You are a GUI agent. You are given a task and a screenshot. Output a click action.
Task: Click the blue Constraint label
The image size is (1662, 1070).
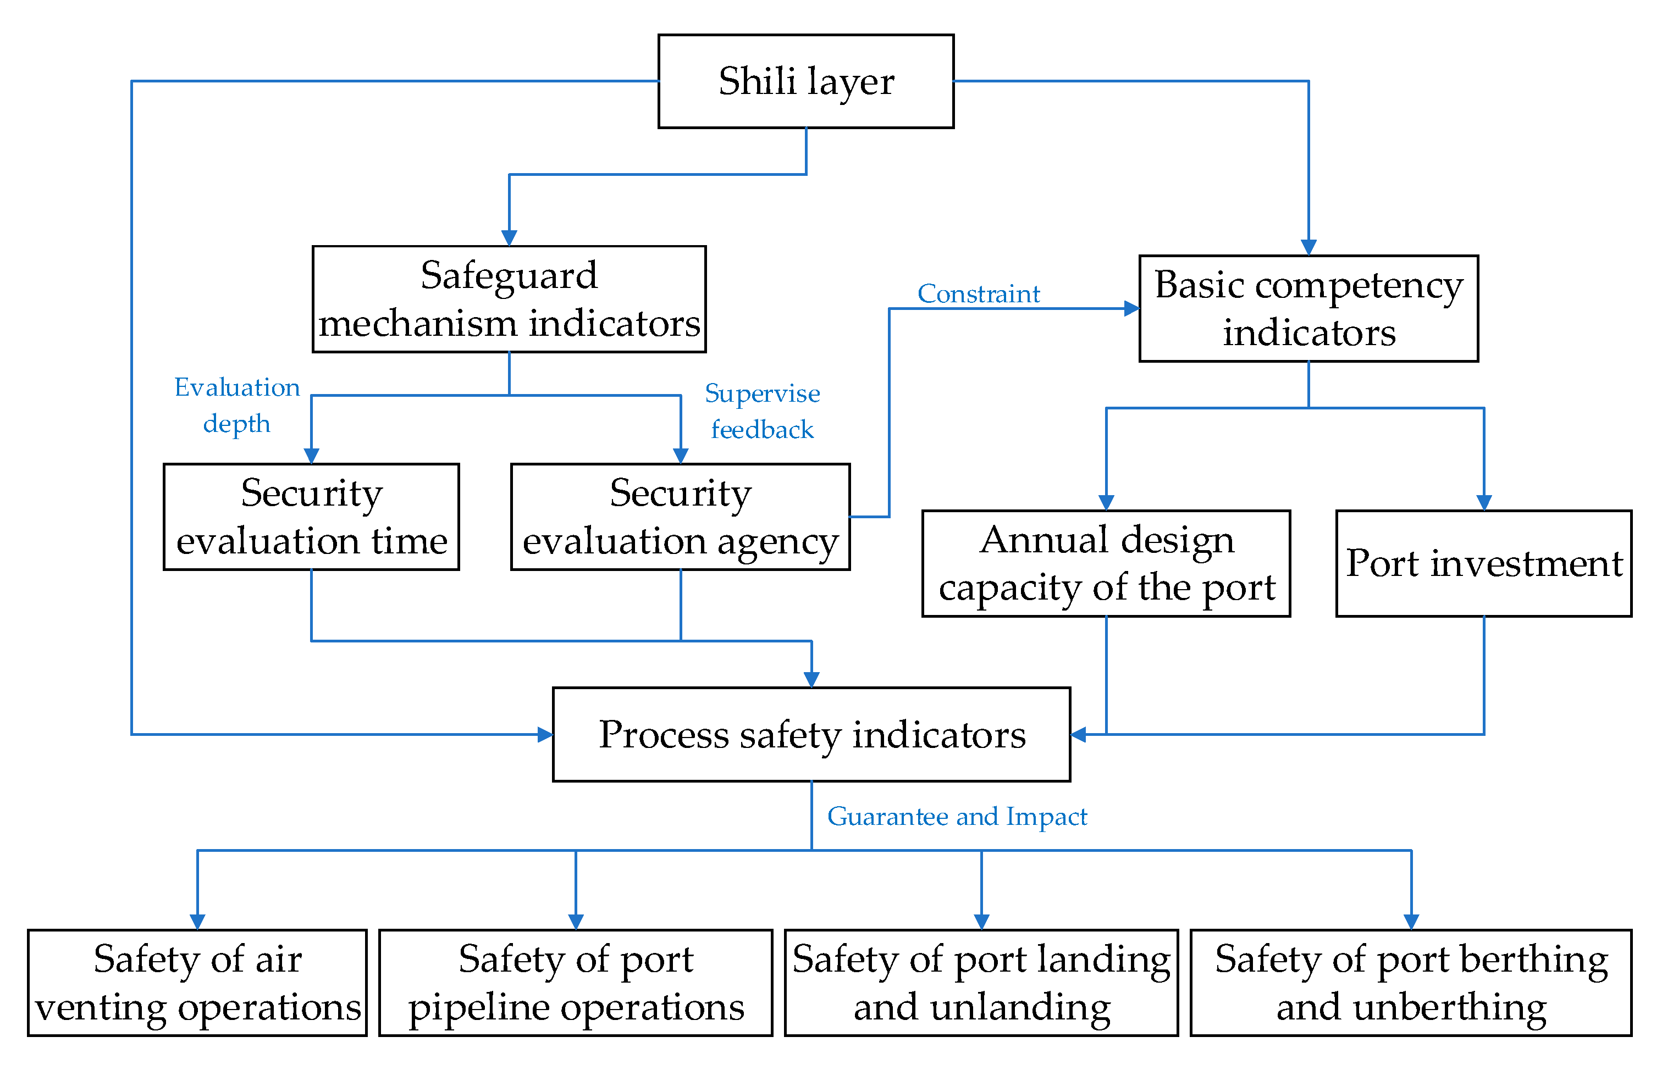978,294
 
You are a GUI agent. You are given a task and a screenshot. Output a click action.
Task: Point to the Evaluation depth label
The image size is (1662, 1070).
236,405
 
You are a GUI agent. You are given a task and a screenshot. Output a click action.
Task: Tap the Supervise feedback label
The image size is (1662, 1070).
762,411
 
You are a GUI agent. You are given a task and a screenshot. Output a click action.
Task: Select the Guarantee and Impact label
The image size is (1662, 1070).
957,817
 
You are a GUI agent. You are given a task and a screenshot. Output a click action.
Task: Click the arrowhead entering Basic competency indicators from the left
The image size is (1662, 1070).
1131,308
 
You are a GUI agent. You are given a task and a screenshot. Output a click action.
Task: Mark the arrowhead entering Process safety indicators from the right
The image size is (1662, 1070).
1079,734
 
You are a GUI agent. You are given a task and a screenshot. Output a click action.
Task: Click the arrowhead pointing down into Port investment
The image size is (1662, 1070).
1483,502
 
